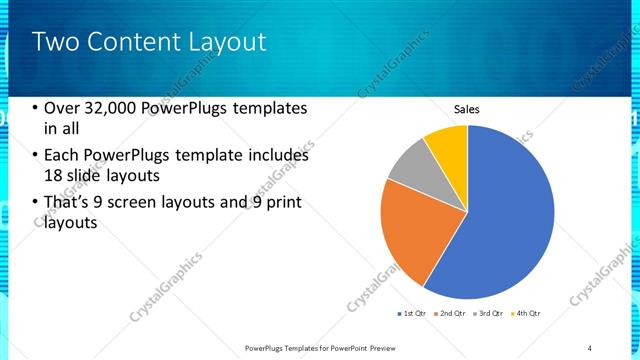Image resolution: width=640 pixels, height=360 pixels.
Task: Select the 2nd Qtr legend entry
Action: [x=450, y=315]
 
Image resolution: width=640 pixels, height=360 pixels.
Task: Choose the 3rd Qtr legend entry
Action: [x=488, y=315]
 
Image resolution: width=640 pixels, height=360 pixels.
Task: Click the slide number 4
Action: [x=590, y=347]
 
